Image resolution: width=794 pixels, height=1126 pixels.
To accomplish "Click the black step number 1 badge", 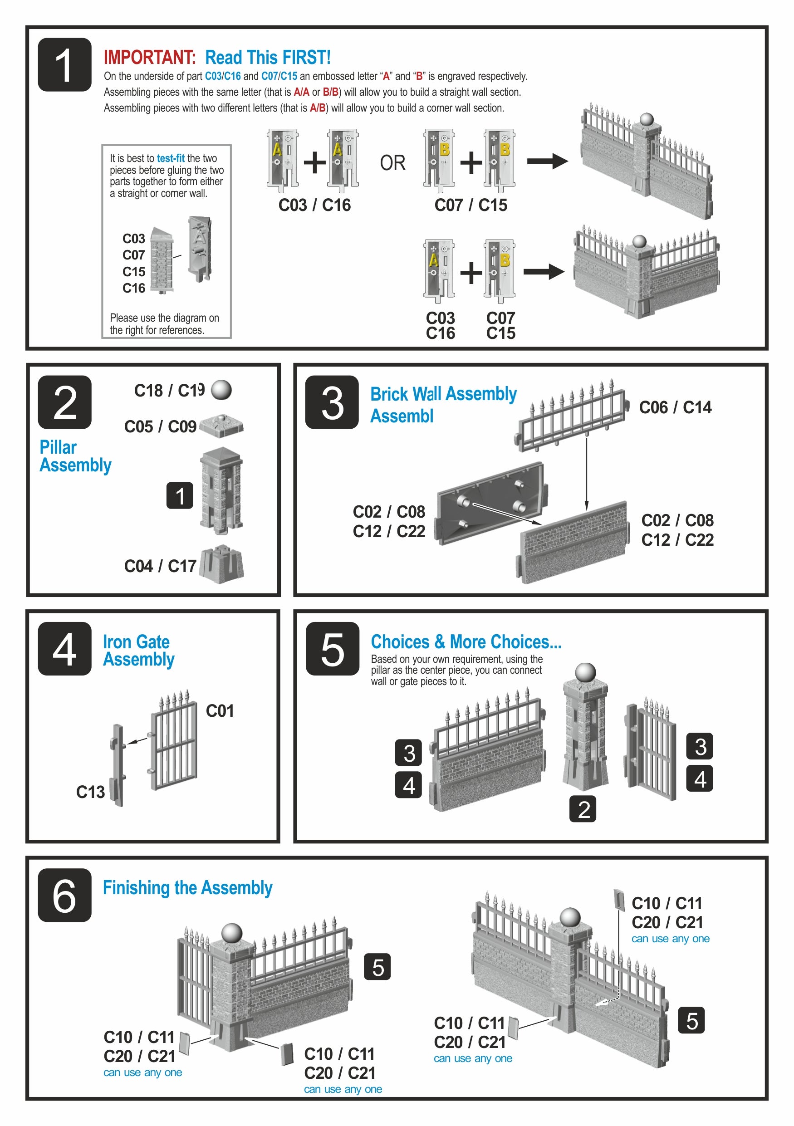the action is pos(65,65).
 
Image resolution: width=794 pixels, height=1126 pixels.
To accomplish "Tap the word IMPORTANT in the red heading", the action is pos(150,57).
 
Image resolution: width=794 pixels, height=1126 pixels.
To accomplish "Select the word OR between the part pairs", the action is pos(392,163).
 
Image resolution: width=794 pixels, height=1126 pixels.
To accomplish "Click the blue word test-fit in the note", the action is pos(171,158).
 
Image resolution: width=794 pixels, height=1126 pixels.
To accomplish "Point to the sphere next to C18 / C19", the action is pos(221,390).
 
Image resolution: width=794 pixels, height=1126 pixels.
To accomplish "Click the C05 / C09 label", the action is pos(160,426).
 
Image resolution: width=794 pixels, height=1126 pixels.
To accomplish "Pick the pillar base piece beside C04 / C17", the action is pos(222,564).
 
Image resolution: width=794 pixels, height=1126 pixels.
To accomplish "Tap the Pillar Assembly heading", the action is pos(75,456).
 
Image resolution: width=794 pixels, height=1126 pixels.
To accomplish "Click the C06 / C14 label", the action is pos(675,407).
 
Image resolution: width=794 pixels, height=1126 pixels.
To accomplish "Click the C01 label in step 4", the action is pos(220,710).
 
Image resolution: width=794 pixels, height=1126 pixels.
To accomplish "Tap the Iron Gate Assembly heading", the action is pos(139,650).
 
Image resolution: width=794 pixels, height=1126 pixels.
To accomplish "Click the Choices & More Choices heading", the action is pos(466,641).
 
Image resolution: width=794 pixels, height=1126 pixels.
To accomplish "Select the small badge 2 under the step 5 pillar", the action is pos(583,809).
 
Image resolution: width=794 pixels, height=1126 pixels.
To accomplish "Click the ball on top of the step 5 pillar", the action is pos(585,673).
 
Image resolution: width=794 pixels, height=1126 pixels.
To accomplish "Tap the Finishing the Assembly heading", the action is pos(188,888).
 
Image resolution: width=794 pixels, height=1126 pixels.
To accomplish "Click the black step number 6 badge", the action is pos(65,895).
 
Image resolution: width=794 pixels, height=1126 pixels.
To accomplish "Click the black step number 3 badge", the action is pos(332,402).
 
